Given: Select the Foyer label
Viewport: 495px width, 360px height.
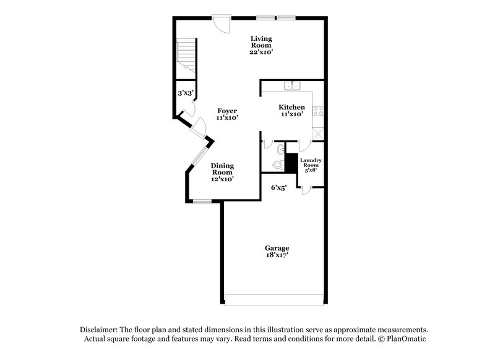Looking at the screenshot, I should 227,114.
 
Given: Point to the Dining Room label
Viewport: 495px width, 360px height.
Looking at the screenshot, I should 222,172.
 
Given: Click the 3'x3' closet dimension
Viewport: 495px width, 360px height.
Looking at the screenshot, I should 186,93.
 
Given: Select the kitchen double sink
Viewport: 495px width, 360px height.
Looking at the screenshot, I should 292,85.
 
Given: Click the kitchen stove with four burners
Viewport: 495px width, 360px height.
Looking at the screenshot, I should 319,111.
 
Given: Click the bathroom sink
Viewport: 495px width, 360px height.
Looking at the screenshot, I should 280,148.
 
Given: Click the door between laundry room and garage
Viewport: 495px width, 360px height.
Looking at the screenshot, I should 306,190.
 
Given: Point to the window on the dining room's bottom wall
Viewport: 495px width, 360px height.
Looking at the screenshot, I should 202,201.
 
